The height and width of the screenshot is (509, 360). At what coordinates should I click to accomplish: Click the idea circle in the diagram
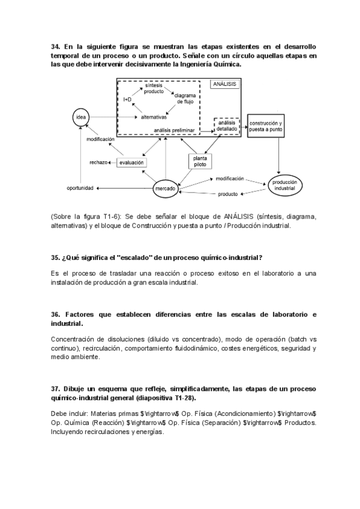(x=82, y=117)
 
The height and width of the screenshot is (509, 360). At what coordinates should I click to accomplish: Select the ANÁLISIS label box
(x=224, y=85)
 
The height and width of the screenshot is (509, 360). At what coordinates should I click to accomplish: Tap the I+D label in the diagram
(x=127, y=98)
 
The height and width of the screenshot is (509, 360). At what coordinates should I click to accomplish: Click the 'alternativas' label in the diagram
(x=154, y=117)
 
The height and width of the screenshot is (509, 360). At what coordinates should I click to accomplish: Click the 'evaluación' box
(x=131, y=162)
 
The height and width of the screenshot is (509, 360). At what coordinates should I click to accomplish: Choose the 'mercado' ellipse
(x=165, y=189)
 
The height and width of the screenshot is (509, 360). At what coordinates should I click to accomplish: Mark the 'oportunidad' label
(x=80, y=189)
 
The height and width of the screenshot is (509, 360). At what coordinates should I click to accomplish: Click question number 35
(x=55, y=258)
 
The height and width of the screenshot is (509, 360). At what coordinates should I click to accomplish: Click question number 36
(x=55, y=315)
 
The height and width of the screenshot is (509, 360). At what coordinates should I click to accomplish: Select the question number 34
(x=55, y=47)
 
